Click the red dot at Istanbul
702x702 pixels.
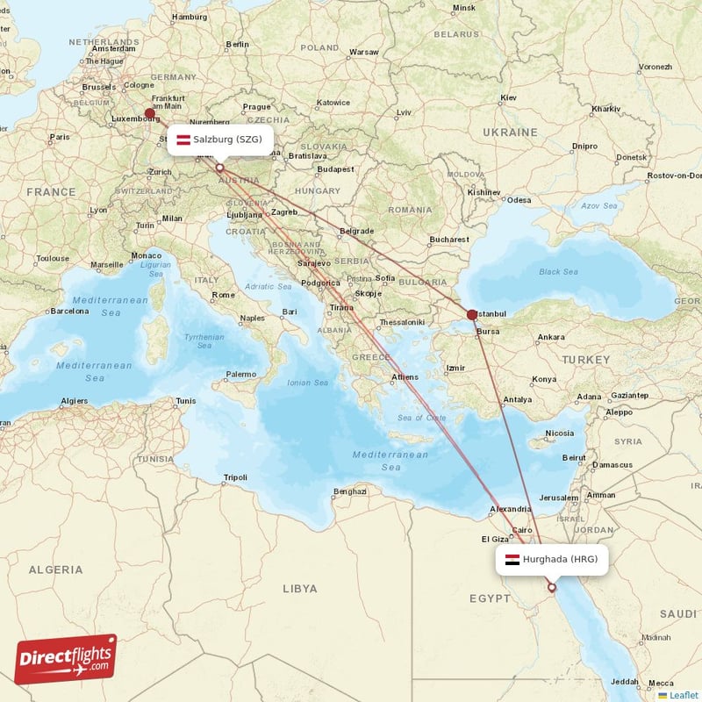pyautogui.click(x=472, y=314)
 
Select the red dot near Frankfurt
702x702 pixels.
pyautogui.click(x=150, y=113)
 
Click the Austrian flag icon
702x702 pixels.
pyautogui.click(x=183, y=140)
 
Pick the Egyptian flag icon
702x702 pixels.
pyautogui.click(x=511, y=559)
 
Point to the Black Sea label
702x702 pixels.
pyautogui.click(x=558, y=271)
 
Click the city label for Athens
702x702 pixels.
pyautogui.click(x=405, y=376)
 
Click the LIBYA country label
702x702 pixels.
pyautogui.click(x=299, y=589)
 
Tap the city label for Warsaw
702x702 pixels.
pyautogui.click(x=363, y=53)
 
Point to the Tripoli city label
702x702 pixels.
pyautogui.click(x=235, y=477)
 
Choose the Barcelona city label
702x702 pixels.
pyautogui.click(x=69, y=311)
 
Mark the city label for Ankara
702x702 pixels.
pyautogui.click(x=551, y=337)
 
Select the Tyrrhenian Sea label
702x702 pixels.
pyautogui.click(x=204, y=342)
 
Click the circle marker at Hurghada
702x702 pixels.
pyautogui.click(x=551, y=588)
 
